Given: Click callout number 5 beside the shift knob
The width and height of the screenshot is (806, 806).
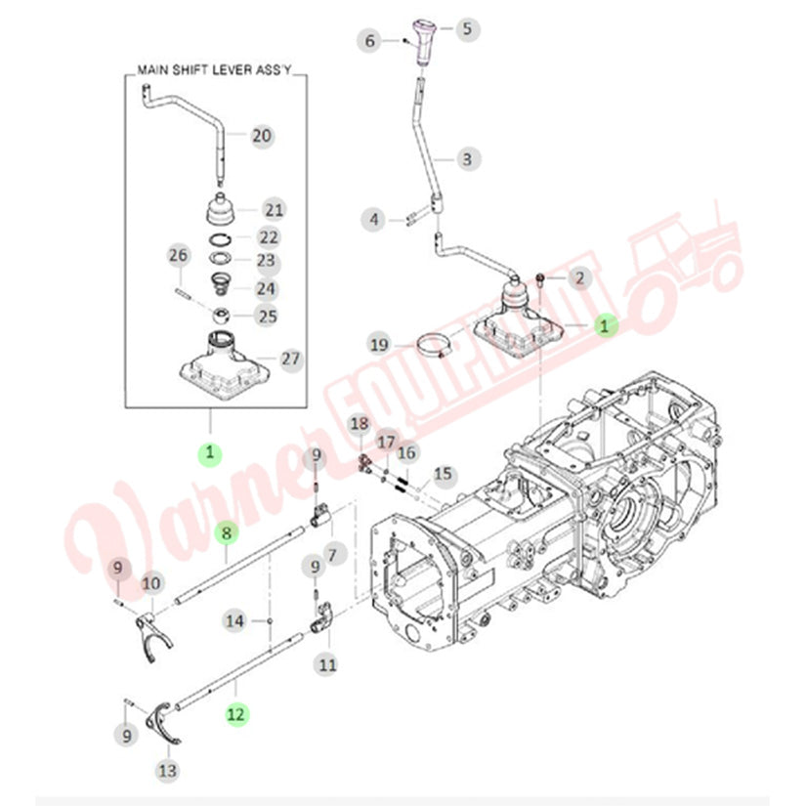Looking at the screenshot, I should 467,28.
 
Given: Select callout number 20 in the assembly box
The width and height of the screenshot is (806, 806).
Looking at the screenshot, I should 262,136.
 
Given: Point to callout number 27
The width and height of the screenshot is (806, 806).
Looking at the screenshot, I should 291,360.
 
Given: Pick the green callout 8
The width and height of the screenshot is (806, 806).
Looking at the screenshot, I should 227,533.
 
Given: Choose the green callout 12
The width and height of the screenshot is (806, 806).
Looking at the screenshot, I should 235,714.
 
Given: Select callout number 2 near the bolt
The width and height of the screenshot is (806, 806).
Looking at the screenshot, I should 579,279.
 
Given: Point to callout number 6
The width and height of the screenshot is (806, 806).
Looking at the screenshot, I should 370,41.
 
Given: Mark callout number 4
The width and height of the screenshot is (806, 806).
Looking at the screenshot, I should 374,219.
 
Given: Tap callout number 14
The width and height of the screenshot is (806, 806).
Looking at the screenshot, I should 234,619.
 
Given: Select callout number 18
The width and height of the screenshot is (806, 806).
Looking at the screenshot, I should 360,423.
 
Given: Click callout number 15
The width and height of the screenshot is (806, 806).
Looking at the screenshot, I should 444,475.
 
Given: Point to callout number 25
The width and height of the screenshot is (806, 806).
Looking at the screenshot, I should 267,316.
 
